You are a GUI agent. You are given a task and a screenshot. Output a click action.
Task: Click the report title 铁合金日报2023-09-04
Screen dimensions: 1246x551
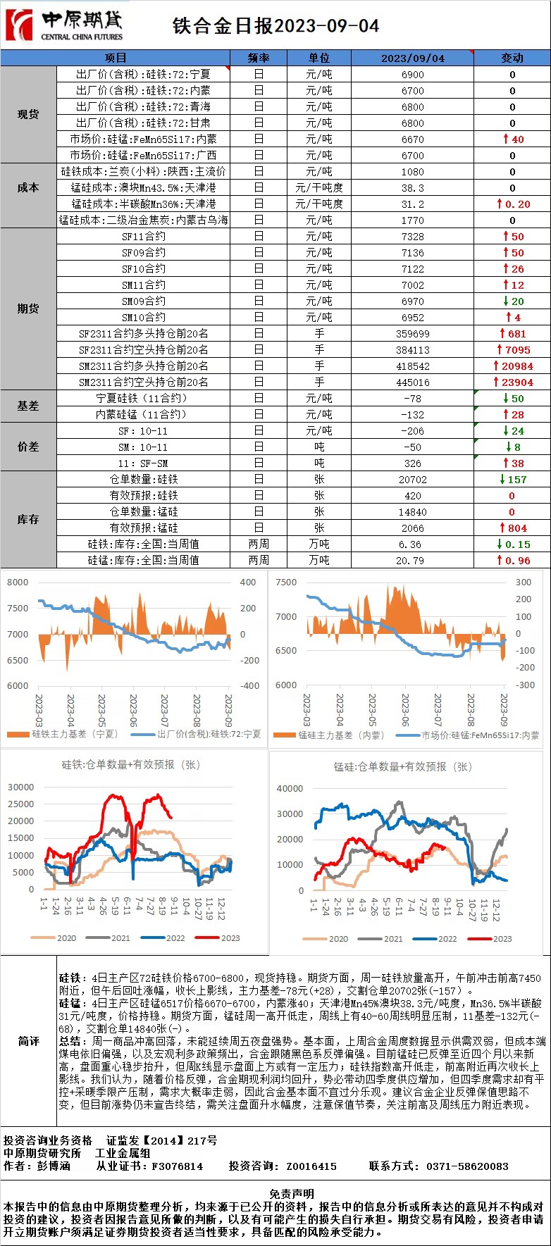[275, 26]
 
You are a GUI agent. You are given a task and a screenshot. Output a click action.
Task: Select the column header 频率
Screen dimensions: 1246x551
[259, 58]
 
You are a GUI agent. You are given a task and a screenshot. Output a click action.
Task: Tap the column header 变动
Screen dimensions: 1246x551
[512, 58]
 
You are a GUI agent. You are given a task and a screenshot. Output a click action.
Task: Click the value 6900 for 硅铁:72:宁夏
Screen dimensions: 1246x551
[412, 74]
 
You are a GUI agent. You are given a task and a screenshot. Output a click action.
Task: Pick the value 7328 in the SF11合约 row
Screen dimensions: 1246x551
[412, 237]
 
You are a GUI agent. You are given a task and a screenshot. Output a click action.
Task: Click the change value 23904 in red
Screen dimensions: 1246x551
[516, 382]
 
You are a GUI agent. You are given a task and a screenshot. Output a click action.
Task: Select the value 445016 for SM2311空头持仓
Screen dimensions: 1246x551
[412, 382]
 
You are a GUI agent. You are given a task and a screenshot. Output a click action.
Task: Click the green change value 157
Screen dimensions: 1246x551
[516, 480]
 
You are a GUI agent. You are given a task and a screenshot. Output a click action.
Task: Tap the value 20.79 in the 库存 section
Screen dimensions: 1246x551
[412, 561]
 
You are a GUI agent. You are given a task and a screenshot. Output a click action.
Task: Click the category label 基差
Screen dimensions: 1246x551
[28, 406]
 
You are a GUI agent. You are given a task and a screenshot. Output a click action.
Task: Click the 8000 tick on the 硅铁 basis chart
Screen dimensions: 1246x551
[18, 582]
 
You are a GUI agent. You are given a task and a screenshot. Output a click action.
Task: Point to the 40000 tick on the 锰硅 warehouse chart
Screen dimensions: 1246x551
[290, 789]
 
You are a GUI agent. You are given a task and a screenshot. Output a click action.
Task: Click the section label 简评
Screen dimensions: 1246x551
[28, 1041]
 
